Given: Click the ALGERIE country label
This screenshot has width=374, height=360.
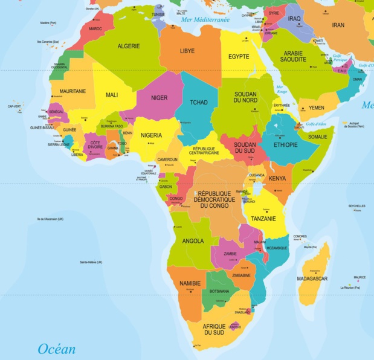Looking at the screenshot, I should click(x=128, y=47).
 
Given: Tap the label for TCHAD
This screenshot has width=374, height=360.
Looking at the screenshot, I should click(x=199, y=103).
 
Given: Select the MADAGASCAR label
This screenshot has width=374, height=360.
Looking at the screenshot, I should click(x=312, y=278).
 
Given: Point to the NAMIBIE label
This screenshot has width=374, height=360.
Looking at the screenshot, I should click(x=191, y=283).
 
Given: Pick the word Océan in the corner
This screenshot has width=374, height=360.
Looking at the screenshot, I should click(x=57, y=349).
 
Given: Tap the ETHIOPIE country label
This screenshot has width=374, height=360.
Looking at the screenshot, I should click(x=286, y=145).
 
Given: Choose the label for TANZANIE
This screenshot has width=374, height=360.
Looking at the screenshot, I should click(x=263, y=219).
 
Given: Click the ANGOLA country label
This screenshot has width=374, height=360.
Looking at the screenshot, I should click(x=193, y=240).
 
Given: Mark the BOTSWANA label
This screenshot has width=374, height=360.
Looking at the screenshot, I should click(x=219, y=291).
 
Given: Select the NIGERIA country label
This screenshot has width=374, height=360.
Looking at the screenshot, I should click(x=152, y=135).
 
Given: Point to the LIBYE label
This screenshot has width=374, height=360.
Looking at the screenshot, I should click(x=187, y=51).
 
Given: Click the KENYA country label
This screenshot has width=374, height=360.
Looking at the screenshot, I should click(x=277, y=179).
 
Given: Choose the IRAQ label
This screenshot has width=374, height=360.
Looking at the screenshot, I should click(x=294, y=19).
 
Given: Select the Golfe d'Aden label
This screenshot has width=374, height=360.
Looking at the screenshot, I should click(x=316, y=124).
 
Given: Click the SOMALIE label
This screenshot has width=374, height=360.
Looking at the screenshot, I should click(x=317, y=137).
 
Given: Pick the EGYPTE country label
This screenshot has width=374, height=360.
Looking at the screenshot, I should click(x=239, y=57).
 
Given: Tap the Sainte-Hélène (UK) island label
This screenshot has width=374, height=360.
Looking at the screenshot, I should click(x=91, y=262).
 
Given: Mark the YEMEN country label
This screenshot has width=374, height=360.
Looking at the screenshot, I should click(x=317, y=108).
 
